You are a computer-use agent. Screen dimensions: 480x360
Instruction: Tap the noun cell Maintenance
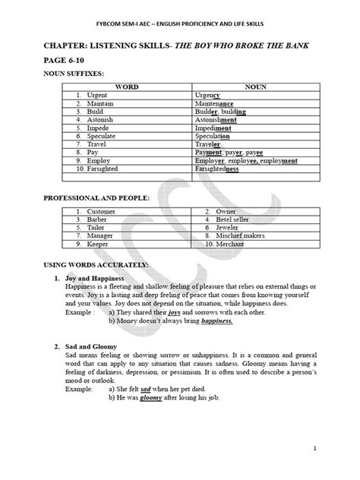(x=223, y=103)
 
